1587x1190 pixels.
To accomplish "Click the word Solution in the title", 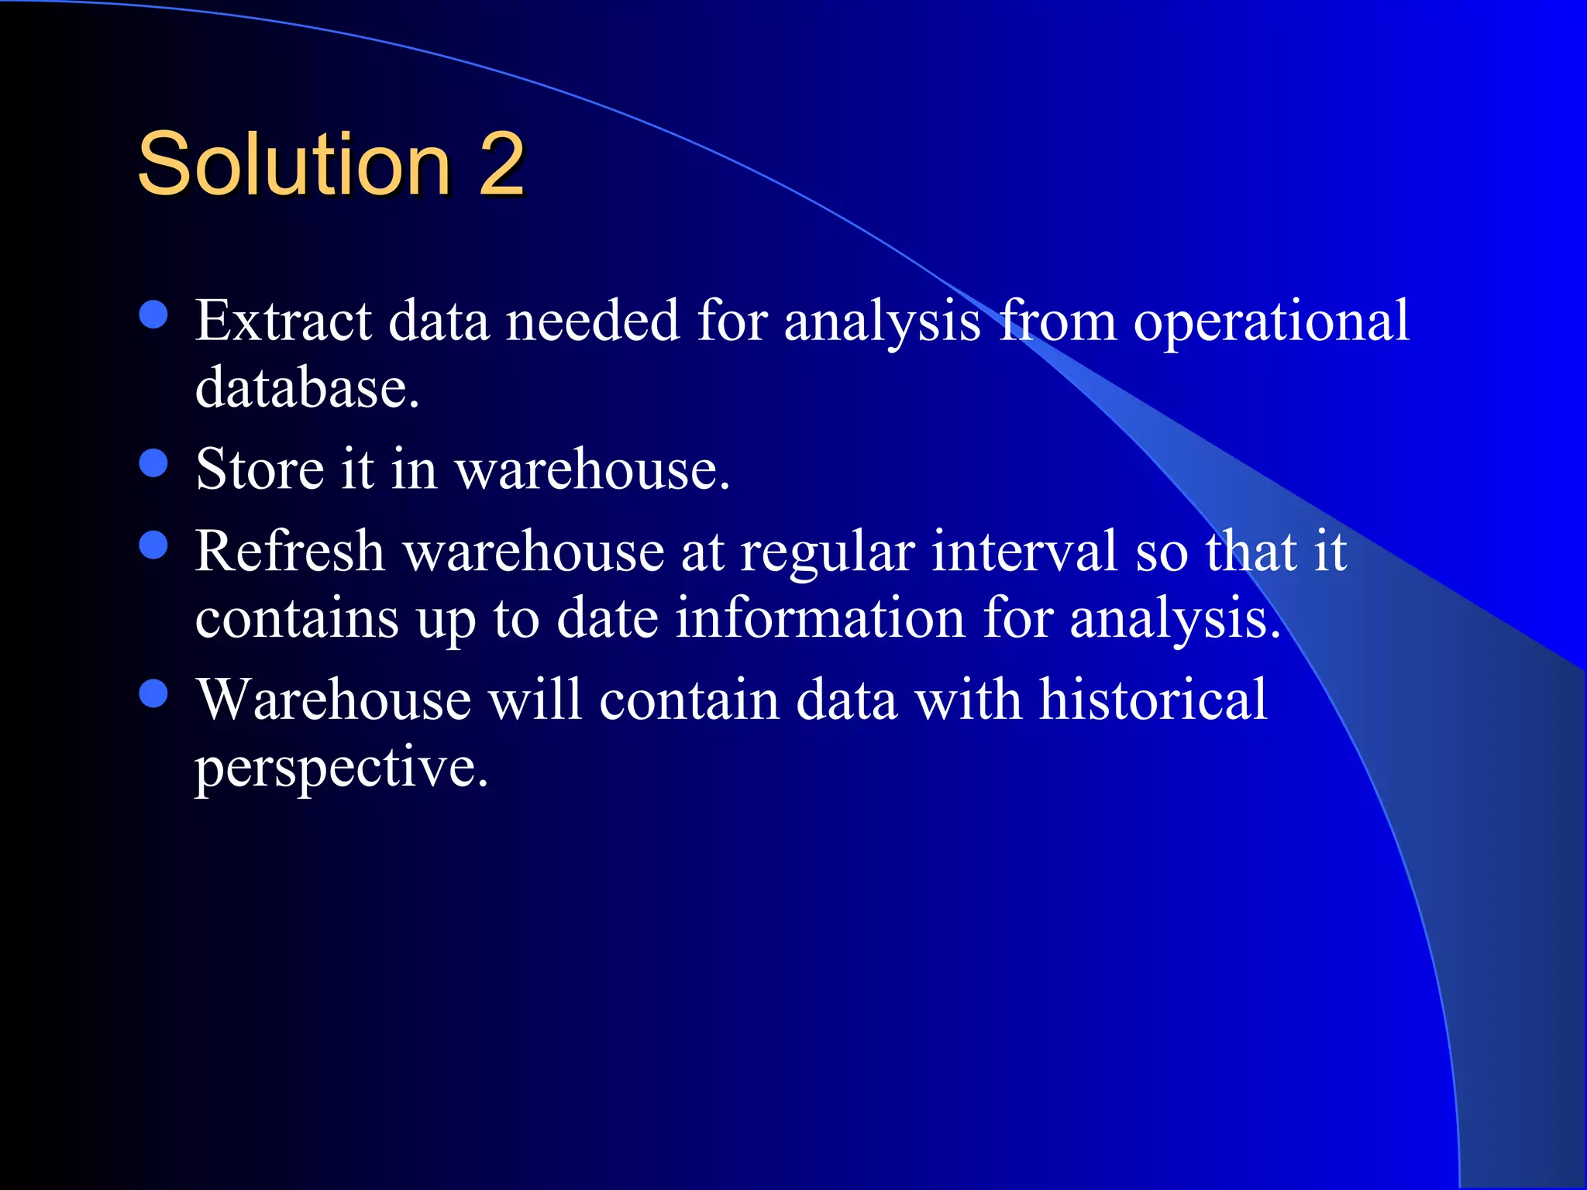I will coord(294,163).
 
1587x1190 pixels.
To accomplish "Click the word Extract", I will coord(283,321).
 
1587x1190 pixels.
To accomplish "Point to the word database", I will coord(306,387).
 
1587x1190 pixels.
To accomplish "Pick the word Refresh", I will coord(290,551).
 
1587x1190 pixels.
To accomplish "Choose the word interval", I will coord(1024,551).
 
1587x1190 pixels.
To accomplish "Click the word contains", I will coord(297,618).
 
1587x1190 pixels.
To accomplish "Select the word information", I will coord(820,618).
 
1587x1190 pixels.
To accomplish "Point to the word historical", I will coord(1152,700).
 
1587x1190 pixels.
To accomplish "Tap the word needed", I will coord(593,321).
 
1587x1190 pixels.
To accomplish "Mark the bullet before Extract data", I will coord(154,315).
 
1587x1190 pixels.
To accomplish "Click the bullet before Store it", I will coord(154,463).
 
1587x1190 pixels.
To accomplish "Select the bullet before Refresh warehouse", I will coord(154,545).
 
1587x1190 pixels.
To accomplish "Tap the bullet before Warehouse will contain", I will coord(154,693).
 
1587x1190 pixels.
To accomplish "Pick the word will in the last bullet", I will coord(535,700).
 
